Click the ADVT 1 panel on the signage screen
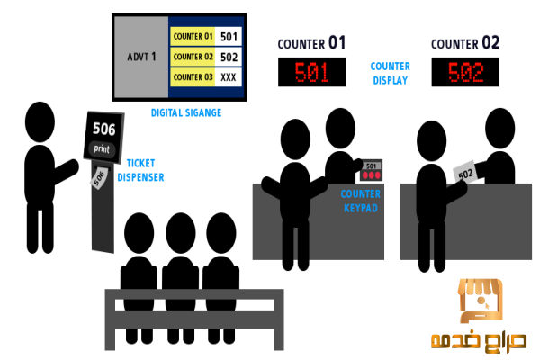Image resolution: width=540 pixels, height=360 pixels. pos(140,57)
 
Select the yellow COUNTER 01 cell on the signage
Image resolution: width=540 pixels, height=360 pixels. pos(193,37)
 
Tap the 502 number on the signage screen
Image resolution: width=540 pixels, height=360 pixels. pos(229,57)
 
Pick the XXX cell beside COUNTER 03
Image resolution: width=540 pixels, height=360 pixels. pos(229,77)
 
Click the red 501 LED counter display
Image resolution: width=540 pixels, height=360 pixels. pos(311,73)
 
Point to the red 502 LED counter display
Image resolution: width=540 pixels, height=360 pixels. pos(465,73)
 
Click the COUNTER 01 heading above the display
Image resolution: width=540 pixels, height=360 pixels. pos(311,43)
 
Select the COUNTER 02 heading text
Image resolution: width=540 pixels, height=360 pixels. pos(465,43)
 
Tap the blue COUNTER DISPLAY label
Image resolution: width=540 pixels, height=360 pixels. pos(390,73)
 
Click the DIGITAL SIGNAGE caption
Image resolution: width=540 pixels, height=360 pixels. pos(186,112)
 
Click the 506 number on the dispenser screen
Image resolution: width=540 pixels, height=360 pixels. pos(104,129)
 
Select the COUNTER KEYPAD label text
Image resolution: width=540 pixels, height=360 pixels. pos(360,200)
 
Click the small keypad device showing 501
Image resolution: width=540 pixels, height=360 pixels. pos(371,171)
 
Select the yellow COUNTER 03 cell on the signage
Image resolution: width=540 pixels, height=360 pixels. pos(193,77)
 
